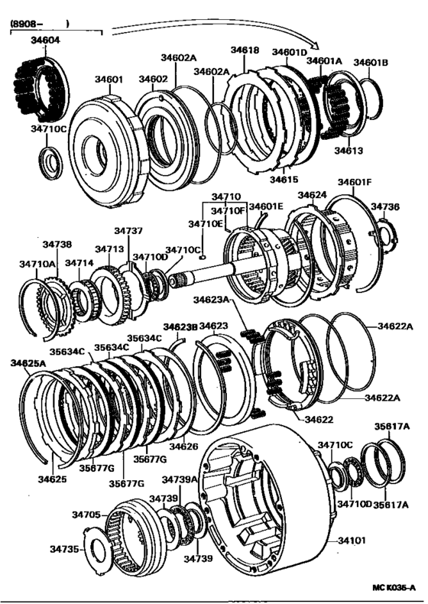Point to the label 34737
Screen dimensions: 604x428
point(128,230)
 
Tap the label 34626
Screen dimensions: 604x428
point(184,446)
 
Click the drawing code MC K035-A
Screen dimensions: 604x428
point(395,587)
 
